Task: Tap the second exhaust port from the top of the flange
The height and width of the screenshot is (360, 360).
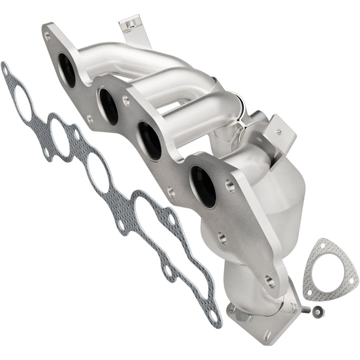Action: (109, 106)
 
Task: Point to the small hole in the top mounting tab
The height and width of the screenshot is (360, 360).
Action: (130, 24)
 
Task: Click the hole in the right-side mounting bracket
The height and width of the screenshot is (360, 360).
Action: (278, 132)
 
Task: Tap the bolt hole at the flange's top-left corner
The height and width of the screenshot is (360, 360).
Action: (48, 37)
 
